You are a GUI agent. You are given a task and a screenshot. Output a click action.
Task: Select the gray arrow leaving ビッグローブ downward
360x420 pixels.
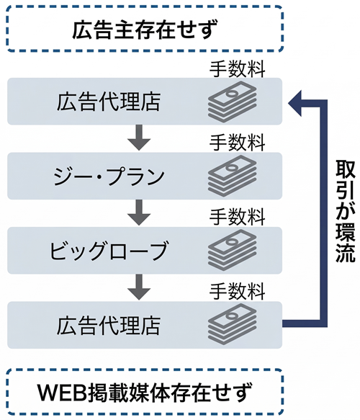click(x=141, y=286)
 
